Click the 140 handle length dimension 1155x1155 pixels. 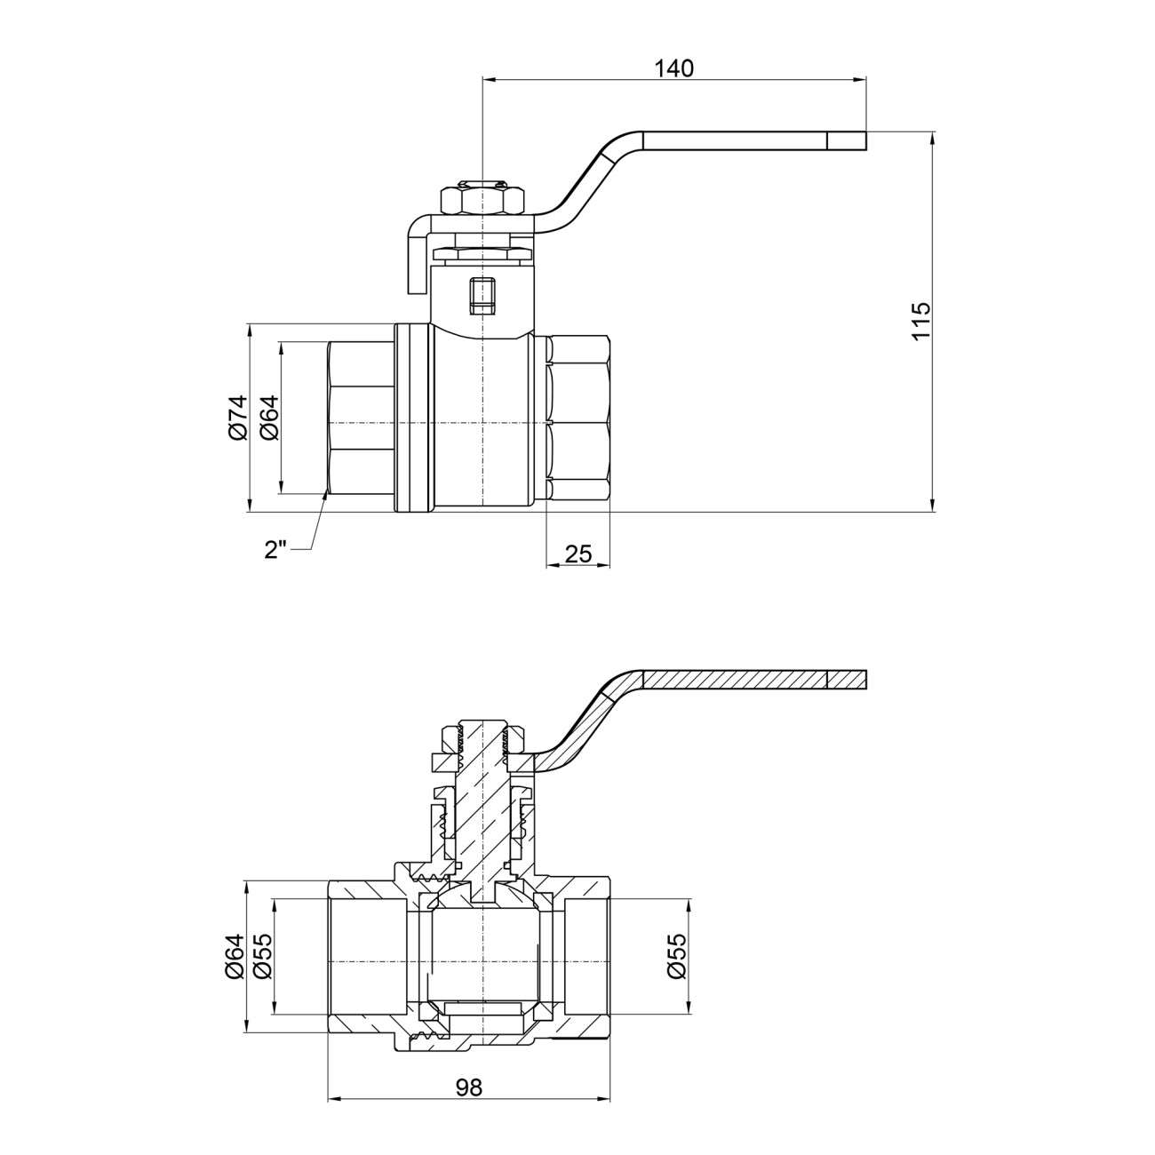coord(673,68)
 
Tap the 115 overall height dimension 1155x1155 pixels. coord(920,321)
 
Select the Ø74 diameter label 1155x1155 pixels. coord(237,418)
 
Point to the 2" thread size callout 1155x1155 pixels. coord(276,550)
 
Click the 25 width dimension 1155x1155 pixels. coord(578,554)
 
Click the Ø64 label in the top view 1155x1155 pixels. coord(269,418)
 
